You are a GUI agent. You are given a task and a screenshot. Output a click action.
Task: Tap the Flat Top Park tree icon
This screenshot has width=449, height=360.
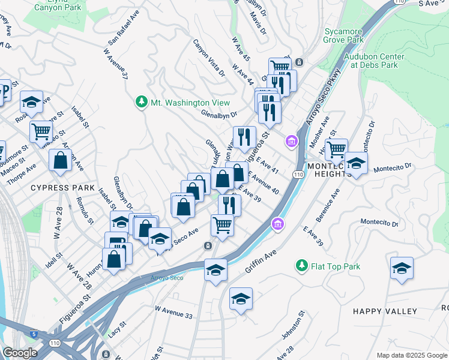coord(301,265)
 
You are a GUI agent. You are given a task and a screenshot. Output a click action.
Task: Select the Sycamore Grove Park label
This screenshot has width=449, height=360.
coord(343,35)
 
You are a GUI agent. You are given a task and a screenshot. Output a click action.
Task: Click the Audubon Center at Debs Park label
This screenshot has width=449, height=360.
coord(374,61)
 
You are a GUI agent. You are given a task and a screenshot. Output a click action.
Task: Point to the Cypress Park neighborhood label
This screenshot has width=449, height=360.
coord(63,188)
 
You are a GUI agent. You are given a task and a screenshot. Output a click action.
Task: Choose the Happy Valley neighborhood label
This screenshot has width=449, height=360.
coord(385,311)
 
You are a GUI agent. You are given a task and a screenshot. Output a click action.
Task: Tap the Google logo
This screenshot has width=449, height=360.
coord(20,353)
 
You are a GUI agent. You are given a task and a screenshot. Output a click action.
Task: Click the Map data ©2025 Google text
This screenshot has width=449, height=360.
coord(411,355)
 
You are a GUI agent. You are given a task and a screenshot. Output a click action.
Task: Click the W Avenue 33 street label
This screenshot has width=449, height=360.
coord(173,312)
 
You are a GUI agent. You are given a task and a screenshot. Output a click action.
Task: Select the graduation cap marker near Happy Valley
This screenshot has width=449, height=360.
coord(402,268)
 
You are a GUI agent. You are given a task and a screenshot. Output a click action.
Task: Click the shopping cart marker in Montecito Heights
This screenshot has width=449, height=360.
coord(336,148)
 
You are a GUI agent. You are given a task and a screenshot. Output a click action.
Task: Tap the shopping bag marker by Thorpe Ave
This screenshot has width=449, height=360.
coord(61,160)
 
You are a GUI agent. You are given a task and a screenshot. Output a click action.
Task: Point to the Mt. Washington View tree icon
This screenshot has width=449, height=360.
coord(142,103)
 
